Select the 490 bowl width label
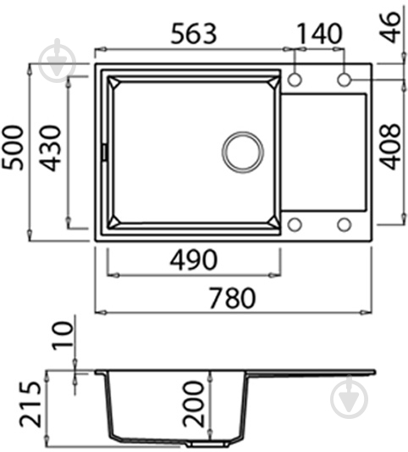[x=194, y=259]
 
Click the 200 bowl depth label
[x=193, y=402]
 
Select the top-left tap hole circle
[x=295, y=79]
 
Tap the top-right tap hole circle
[x=344, y=79]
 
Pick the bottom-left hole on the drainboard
[x=295, y=224]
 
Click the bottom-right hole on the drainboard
[x=344, y=224]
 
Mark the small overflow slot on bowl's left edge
[x=104, y=152]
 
